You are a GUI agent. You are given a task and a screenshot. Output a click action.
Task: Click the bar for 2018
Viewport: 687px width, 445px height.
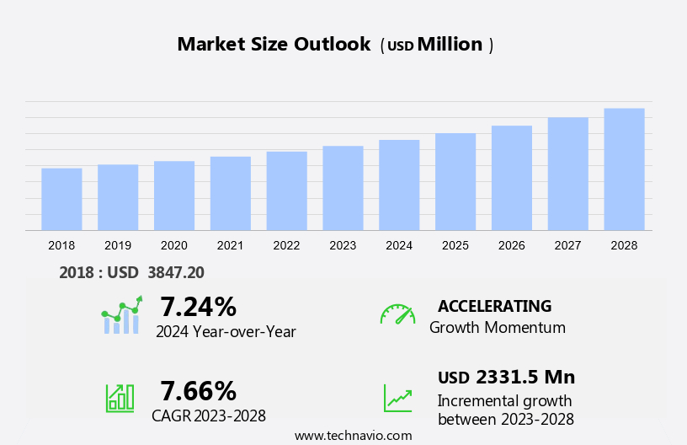[61, 199]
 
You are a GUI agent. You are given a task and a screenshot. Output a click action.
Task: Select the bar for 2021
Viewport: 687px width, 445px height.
[231, 193]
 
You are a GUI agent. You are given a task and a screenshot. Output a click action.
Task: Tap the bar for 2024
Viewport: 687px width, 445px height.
[399, 185]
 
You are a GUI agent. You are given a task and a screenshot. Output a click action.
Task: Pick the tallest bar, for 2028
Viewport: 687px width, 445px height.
[624, 169]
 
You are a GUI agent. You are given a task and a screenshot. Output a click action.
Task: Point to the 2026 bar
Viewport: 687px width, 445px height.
[512, 178]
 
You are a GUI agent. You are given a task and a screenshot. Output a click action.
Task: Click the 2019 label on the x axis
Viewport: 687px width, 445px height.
[118, 245]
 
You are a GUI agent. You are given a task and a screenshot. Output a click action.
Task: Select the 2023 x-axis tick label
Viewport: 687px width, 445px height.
[343, 245]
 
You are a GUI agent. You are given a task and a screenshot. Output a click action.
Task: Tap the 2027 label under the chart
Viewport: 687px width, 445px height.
[567, 245]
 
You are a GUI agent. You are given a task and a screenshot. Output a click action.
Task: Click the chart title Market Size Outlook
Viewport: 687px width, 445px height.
[274, 45]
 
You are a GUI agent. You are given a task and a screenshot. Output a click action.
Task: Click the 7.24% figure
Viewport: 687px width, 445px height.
[199, 306]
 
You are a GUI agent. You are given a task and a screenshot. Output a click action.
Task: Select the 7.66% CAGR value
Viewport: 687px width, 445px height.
[199, 390]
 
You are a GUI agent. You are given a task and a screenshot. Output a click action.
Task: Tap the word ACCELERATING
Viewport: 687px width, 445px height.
[494, 306]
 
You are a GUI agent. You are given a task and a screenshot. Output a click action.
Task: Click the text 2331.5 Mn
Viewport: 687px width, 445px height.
[525, 377]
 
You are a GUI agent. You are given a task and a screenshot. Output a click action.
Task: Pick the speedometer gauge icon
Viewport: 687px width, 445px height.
[397, 314]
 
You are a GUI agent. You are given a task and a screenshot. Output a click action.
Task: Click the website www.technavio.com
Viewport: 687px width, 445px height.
[354, 436]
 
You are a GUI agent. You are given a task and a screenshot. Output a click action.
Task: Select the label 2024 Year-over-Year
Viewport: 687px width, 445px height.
[226, 331]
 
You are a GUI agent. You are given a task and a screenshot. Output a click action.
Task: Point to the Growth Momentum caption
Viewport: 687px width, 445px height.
[498, 328]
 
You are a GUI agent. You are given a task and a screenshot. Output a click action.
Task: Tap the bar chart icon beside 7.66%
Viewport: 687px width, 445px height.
[120, 397]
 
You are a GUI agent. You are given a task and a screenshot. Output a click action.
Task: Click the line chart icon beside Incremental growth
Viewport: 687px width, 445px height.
[397, 398]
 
